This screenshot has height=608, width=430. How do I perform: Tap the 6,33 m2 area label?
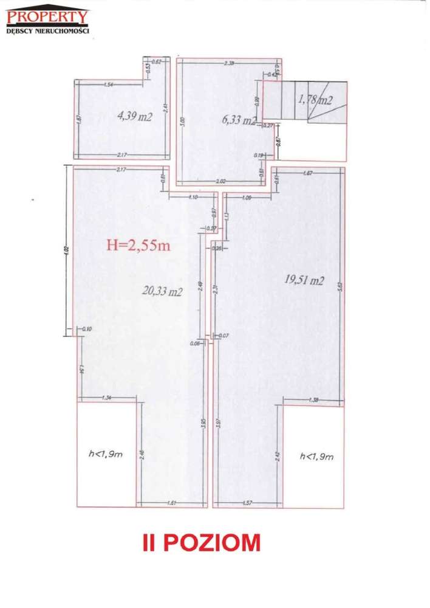[x=240, y=120]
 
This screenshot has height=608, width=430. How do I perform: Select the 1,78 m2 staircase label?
[x=315, y=100]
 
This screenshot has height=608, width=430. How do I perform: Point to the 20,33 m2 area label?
[x=162, y=291]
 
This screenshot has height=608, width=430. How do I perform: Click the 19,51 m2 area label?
[x=304, y=280]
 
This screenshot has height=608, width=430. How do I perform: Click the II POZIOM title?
[x=201, y=542]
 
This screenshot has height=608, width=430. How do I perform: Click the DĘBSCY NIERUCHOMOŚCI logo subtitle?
[x=48, y=30]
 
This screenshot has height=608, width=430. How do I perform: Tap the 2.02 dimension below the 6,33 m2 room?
[x=221, y=181]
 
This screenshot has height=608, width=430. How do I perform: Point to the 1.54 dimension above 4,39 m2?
[x=109, y=84]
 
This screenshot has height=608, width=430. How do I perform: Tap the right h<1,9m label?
[x=316, y=455]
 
